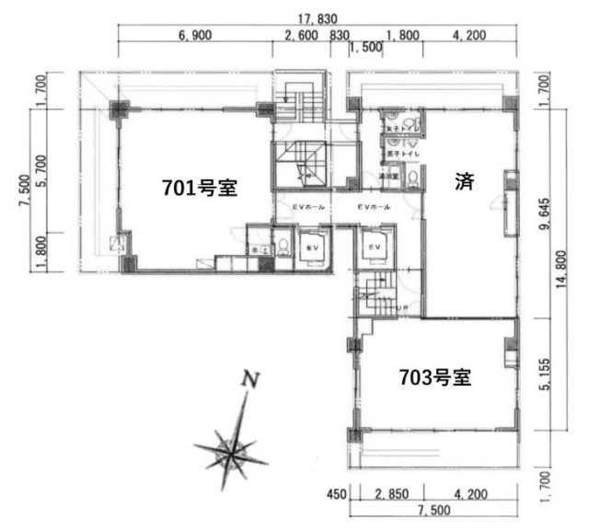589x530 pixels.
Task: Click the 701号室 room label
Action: (x=200, y=189)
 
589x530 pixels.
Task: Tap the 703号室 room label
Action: (x=434, y=376)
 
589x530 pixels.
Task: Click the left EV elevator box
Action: (x=310, y=248)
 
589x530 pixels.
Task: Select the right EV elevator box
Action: (x=375, y=248)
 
